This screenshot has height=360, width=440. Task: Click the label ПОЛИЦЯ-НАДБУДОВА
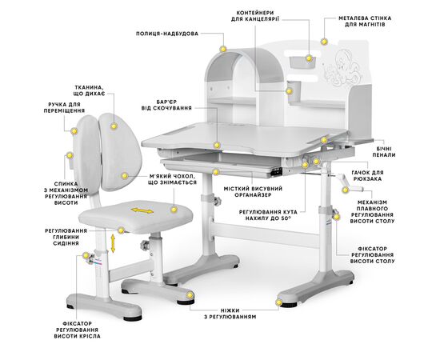tap(167, 34)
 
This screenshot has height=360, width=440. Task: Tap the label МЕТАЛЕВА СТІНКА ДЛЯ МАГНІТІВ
tap(365, 22)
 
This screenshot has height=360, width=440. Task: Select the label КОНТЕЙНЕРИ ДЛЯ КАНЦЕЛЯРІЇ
tap(255, 16)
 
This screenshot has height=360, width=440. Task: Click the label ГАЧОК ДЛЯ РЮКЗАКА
tap(368, 176)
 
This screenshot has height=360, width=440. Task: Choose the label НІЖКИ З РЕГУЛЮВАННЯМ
tap(230, 314)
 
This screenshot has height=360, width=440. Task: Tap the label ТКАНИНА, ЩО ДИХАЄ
tap(90, 90)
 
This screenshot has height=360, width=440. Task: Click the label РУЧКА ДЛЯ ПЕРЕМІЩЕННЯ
tap(64, 107)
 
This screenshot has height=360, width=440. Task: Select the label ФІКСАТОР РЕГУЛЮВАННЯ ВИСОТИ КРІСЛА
tap(77, 330)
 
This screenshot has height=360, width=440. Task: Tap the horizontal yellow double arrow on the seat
tap(142, 210)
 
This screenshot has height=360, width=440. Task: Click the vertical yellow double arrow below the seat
tap(113, 243)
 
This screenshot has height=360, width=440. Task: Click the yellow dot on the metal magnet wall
tap(324, 42)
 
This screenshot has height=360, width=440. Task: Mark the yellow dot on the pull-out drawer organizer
tap(216, 172)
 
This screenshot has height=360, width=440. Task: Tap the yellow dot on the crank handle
tap(345, 190)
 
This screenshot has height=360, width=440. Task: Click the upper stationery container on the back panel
tap(302, 62)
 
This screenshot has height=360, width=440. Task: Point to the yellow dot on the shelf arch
tap(223, 49)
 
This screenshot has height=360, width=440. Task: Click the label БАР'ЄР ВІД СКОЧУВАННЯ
tap(166, 105)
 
